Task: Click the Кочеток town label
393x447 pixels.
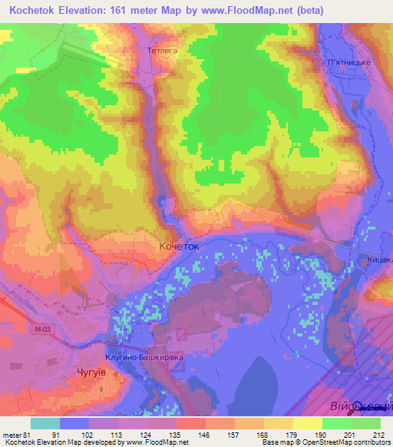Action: coord(178,247)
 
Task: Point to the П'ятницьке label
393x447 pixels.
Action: coord(349,61)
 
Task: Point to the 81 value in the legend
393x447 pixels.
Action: coord(28,434)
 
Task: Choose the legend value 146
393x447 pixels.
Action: coord(204,434)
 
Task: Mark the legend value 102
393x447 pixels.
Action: coord(88,434)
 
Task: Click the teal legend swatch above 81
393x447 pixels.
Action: coord(45,423)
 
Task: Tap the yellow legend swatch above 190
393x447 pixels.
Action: coord(307,423)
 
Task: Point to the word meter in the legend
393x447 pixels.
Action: coord(11,434)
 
